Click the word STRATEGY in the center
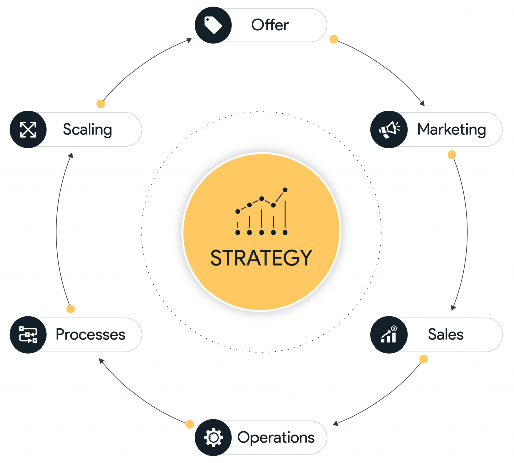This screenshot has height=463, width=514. (261, 258)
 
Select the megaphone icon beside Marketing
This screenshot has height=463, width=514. (389, 130)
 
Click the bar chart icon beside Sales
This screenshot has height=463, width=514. (389, 334)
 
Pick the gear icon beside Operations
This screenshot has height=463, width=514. (213, 438)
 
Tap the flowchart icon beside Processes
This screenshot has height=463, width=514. (28, 334)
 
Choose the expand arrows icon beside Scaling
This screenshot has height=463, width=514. (28, 130)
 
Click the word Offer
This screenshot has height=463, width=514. (270, 25)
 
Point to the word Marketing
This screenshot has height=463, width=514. (451, 130)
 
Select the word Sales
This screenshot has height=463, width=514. (446, 334)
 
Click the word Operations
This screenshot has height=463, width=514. (276, 438)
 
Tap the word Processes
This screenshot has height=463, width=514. (91, 334)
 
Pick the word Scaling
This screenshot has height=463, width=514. (87, 130)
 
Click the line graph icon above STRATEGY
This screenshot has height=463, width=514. (262, 211)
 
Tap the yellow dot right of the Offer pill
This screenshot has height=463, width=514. (333, 39)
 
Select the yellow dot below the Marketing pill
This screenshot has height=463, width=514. (452, 154)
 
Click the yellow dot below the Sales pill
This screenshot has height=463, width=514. (424, 359)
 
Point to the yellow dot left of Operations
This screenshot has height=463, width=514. (190, 424)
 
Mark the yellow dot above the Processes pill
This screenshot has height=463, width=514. (71, 309)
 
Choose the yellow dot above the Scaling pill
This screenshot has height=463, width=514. (101, 104)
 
